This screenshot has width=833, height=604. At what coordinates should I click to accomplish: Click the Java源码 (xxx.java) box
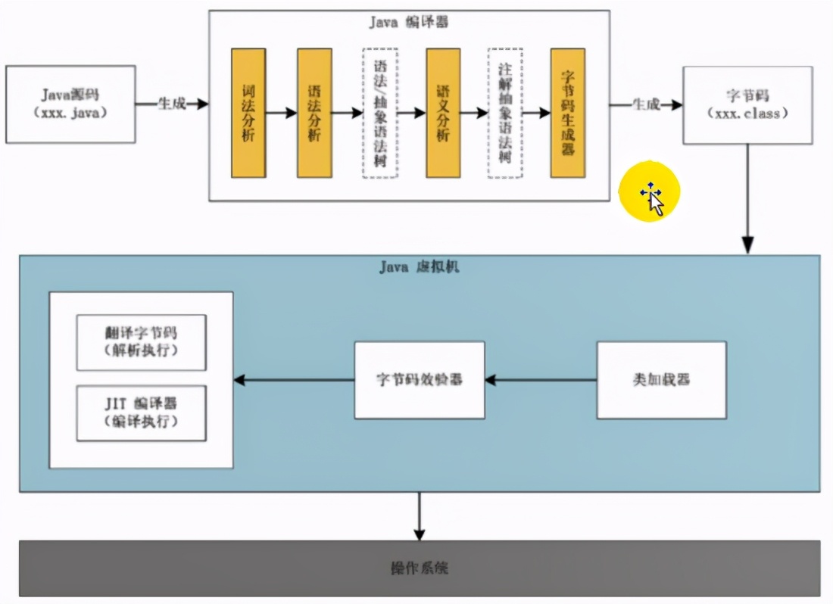click(x=70, y=104)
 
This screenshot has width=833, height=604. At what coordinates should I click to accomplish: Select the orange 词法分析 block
click(x=248, y=113)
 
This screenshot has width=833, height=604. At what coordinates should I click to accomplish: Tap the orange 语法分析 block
click(x=314, y=113)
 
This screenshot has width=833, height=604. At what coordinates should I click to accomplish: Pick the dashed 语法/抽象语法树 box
click(x=379, y=113)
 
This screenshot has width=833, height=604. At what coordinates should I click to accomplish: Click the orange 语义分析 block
click(x=443, y=113)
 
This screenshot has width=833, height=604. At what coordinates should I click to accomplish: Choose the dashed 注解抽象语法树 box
click(x=504, y=113)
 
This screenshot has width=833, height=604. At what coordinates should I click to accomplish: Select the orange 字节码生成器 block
click(x=567, y=113)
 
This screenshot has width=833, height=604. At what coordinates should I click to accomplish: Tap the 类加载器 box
click(x=661, y=380)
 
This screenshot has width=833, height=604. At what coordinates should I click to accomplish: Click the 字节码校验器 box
click(x=420, y=380)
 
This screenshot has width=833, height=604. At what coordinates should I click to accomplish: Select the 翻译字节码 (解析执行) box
click(x=141, y=342)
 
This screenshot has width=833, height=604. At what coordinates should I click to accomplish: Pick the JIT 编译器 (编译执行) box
click(x=141, y=413)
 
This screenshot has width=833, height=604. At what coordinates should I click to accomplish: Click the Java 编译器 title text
click(x=408, y=22)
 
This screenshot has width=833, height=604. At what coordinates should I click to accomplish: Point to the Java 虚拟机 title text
click(x=419, y=267)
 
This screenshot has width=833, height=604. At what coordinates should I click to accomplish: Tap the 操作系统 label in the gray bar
click(x=419, y=568)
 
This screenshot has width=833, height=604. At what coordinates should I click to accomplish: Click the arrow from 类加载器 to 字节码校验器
click(x=541, y=380)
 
